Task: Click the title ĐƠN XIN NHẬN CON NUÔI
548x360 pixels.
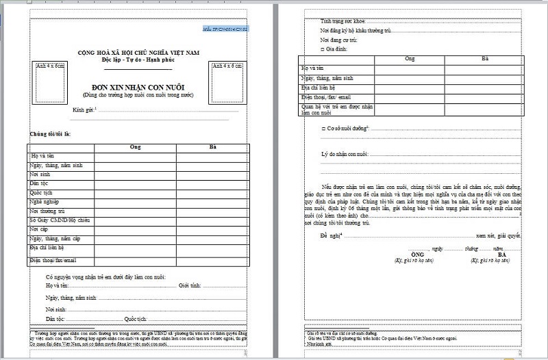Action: coord(136,87)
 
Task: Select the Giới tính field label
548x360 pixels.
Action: coord(191,285)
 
